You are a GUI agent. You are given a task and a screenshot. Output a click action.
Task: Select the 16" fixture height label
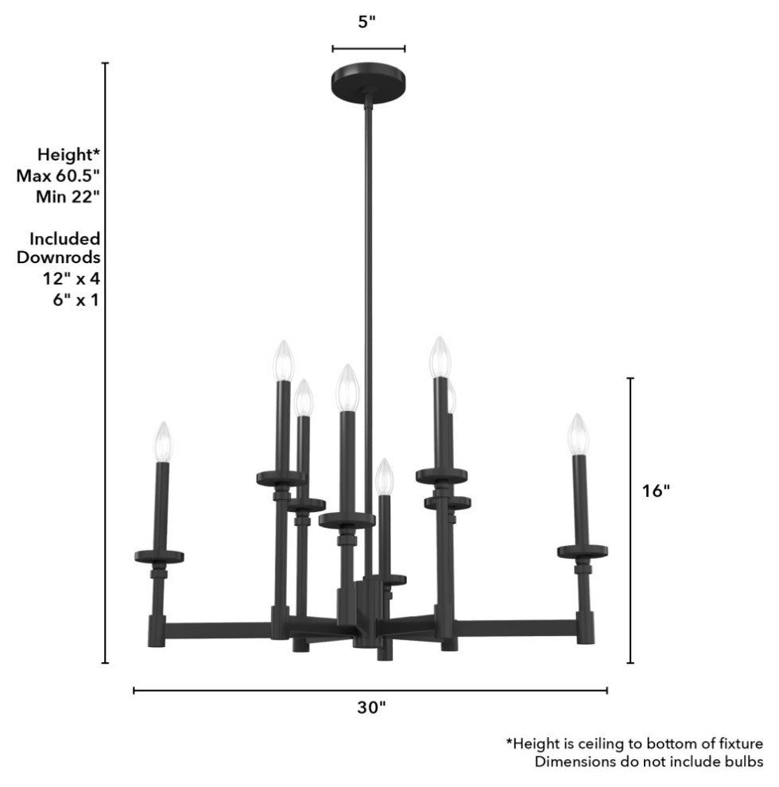point(656,490)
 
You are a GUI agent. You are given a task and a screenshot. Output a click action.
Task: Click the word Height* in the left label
point(69,153)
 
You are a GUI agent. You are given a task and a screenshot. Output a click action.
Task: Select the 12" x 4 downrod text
point(72,278)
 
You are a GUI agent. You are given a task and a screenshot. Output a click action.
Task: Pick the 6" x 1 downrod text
point(76,299)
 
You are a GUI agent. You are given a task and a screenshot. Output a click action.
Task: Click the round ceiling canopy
point(367,81)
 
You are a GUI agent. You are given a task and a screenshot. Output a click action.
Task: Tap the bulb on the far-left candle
point(164,441)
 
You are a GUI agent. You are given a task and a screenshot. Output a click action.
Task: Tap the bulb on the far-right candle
point(577,434)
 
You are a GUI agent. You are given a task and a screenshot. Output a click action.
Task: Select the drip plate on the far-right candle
point(583,550)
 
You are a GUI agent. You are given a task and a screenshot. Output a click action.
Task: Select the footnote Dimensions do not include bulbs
point(649,762)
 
